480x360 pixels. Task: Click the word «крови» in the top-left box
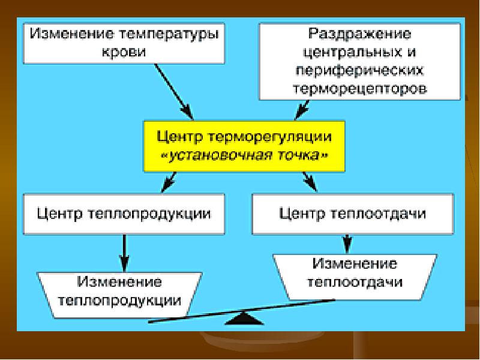pyautogui.click(x=124, y=52)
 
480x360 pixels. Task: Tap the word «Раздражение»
pyautogui.click(x=359, y=34)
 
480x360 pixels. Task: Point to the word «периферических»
pyautogui.click(x=359, y=71)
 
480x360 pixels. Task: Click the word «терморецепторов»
pyautogui.click(x=359, y=89)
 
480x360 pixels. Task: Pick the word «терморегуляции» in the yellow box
pyautogui.click(x=269, y=137)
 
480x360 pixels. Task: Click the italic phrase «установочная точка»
pyautogui.click(x=245, y=155)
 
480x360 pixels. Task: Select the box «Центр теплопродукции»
pyautogui.click(x=124, y=214)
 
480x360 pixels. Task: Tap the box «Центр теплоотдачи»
pyautogui.click(x=353, y=214)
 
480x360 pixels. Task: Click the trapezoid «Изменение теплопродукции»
pyautogui.click(x=119, y=295)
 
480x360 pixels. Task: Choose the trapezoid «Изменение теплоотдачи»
pyautogui.click(x=355, y=277)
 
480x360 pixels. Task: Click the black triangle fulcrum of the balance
pyautogui.click(x=244, y=319)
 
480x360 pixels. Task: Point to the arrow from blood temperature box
pyautogui.click(x=174, y=92)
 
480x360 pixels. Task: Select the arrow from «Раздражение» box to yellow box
pyautogui.click(x=302, y=110)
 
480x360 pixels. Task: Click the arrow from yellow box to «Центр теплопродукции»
pyautogui.click(x=169, y=182)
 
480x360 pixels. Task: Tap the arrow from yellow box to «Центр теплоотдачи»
pyautogui.click(x=310, y=182)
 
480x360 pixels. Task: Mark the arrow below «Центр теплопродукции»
pyautogui.click(x=124, y=253)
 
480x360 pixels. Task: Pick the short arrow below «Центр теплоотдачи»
pyautogui.click(x=347, y=244)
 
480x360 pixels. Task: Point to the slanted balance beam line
pyautogui.click(x=242, y=311)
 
